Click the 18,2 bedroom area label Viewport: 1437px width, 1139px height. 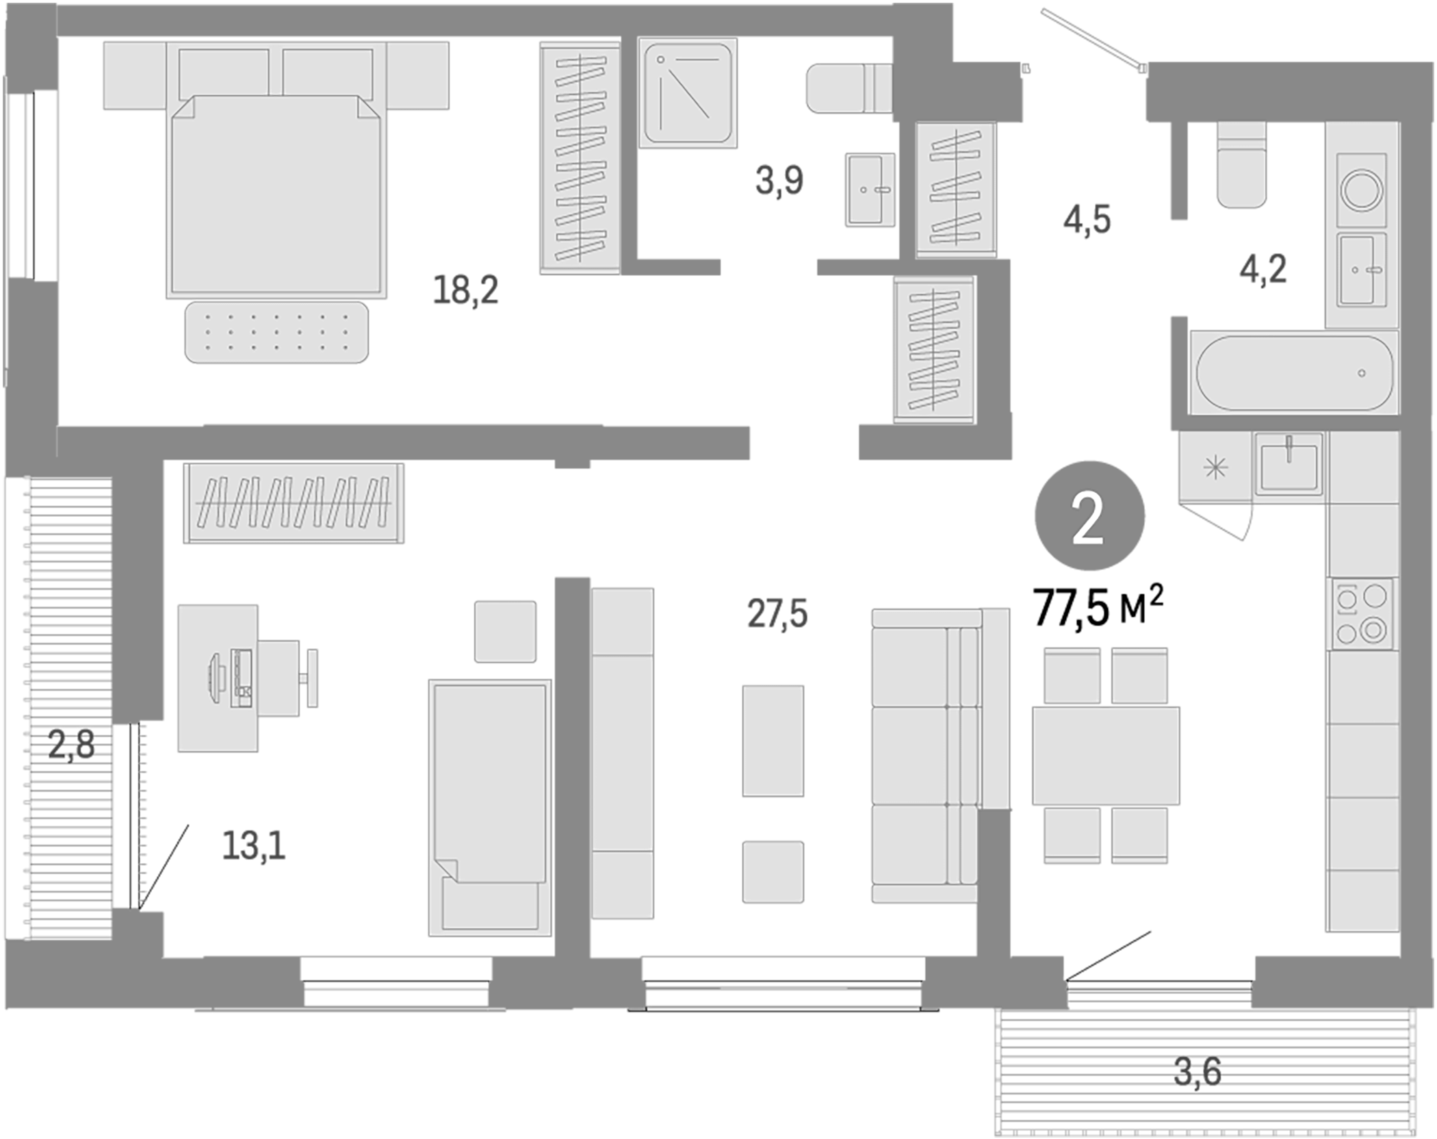point(465,290)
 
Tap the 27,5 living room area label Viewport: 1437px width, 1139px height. point(777,613)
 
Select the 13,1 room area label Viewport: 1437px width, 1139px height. point(253,845)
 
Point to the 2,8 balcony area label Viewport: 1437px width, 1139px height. point(70,744)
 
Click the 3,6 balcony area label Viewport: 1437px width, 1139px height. point(1197,1071)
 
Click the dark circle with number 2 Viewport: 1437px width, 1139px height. point(1089,515)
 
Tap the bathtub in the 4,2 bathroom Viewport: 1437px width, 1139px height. point(1293,373)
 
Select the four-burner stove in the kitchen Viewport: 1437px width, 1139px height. point(1361,613)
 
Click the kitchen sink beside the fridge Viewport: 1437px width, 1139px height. point(1288,463)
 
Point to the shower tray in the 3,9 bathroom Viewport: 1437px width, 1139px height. point(688,92)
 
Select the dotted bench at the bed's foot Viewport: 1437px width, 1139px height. point(276,332)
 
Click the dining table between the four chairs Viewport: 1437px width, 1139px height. point(1105,755)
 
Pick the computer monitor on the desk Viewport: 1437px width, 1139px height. point(213,678)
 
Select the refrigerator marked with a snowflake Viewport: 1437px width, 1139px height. point(1215,468)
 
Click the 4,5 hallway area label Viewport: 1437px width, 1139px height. point(1087,220)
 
